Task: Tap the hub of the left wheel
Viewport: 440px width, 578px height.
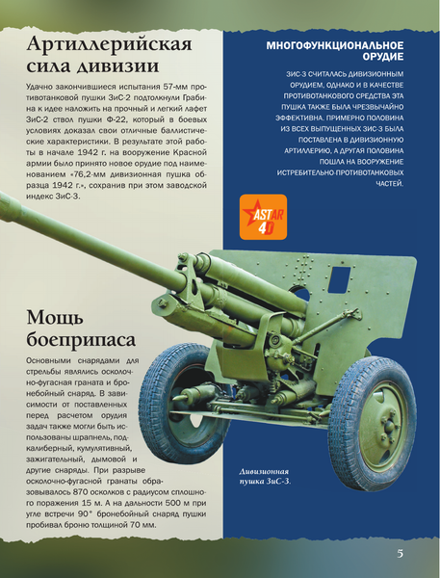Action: pos(177,403)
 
